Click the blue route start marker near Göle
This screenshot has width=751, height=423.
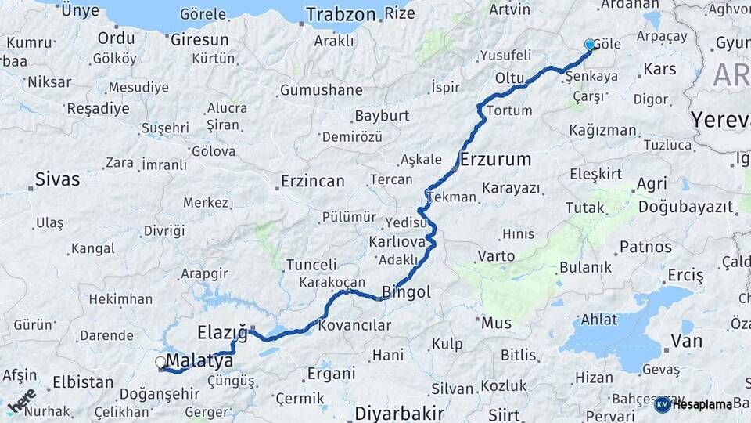589,45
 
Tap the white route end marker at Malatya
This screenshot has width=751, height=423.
160,363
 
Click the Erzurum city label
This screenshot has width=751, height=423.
496,160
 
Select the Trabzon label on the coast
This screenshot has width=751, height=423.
340,14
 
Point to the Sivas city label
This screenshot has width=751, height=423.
57,179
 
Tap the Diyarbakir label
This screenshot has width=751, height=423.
399,413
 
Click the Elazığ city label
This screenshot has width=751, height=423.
222,334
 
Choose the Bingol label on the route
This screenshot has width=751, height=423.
406,292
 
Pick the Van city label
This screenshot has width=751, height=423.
686,342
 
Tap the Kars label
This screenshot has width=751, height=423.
659,70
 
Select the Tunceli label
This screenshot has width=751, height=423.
311,265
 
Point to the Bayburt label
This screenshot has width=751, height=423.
382,116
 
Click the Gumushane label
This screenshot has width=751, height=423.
321,90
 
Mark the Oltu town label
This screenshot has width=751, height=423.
508,78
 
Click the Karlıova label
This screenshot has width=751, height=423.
397,242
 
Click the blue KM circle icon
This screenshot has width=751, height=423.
662,404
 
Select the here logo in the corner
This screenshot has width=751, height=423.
22,401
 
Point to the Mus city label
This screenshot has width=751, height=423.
496,323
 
